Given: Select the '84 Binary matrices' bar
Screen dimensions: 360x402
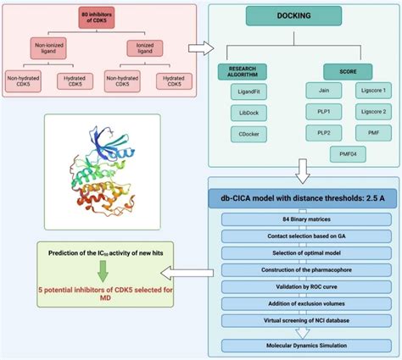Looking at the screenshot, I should pyautogui.click(x=302, y=219).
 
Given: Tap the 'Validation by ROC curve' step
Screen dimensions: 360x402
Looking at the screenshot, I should pyautogui.click(x=302, y=290).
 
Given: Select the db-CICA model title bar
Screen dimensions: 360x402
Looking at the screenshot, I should pyautogui.click(x=302, y=198).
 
